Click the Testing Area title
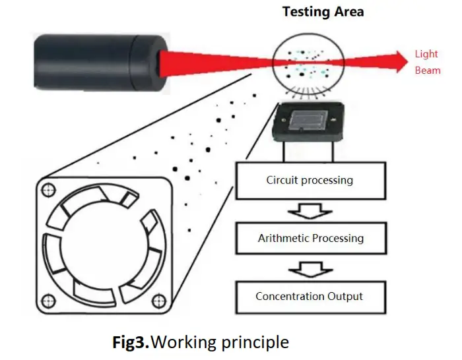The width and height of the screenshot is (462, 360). point(323,12)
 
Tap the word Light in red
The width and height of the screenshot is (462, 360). point(426,54)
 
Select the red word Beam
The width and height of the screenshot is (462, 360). point(427,70)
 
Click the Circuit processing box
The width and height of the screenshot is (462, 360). point(310,180)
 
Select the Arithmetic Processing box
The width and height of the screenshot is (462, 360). point(310,238)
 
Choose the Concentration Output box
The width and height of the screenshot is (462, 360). point(310,296)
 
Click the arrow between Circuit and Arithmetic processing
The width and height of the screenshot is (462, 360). point(309,210)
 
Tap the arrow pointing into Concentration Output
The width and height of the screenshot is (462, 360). point(309,268)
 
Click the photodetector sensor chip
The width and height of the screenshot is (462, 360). point(308,123)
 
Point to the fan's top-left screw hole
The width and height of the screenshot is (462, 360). point(47,191)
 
